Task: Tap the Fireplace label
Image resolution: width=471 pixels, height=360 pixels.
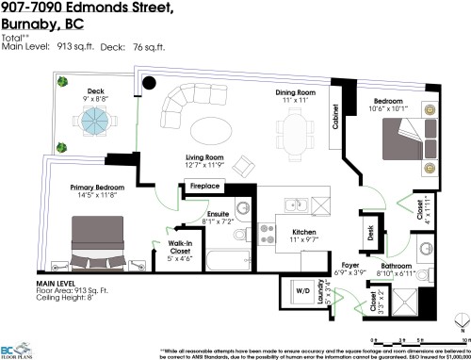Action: (204, 187)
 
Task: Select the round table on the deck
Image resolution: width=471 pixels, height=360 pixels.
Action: (94, 120)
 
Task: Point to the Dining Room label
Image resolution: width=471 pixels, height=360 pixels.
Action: (295, 92)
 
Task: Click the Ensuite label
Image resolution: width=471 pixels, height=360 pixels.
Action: (219, 213)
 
